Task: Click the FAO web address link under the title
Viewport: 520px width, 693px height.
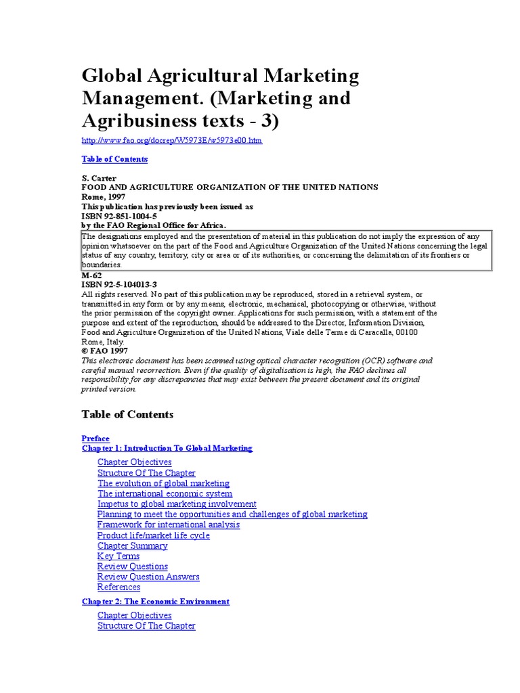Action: tap(171, 141)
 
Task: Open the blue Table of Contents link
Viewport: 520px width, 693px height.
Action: tap(114, 159)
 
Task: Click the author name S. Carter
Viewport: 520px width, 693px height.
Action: tap(99, 178)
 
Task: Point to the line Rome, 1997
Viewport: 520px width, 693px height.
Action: tap(104, 196)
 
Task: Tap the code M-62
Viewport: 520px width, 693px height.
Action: tap(92, 275)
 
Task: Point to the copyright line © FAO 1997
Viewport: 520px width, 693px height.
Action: tap(104, 351)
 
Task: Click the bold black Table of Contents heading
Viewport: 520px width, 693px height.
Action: tap(127, 414)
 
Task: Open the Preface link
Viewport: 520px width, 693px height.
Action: tap(95, 439)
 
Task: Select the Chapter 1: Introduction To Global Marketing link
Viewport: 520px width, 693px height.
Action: tap(167, 448)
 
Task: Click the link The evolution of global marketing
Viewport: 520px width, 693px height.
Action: tap(163, 483)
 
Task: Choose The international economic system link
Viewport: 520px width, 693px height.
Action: tap(165, 494)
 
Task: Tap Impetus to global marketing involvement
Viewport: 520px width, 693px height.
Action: tap(177, 504)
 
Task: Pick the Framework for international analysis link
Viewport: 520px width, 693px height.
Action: tap(168, 524)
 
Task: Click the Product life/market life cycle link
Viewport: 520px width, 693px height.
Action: tap(153, 535)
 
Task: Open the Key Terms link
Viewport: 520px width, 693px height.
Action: tap(118, 556)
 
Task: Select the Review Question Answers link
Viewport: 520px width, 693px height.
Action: tap(148, 577)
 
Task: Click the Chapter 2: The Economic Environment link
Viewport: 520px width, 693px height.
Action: tap(156, 602)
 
